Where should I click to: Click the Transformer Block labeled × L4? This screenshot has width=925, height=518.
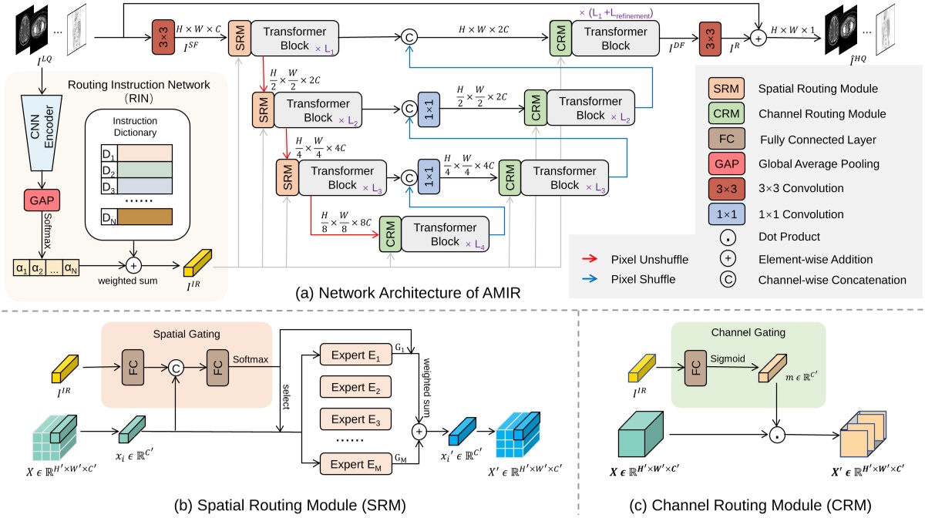(x=446, y=234)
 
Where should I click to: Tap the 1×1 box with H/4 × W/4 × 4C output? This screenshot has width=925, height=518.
(x=427, y=175)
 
